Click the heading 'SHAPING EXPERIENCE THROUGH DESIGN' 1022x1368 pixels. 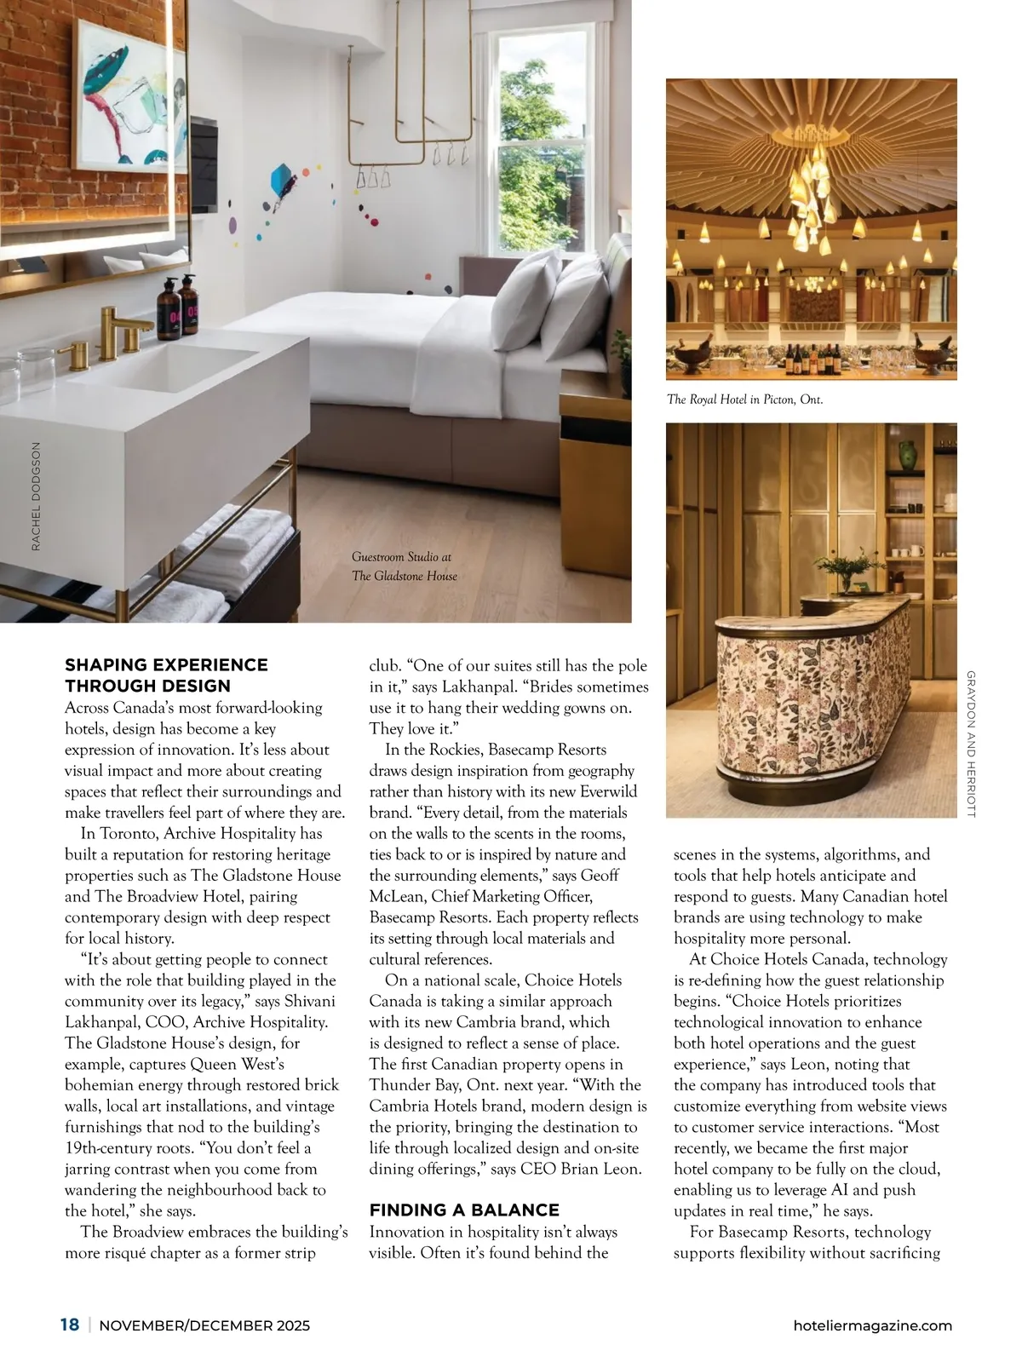point(166,675)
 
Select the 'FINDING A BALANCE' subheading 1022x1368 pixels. point(464,1210)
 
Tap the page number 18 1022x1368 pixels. point(70,1325)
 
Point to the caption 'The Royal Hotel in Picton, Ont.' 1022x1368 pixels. point(744,399)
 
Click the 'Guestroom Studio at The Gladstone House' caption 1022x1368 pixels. point(405,566)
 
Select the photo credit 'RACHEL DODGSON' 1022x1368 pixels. point(36,495)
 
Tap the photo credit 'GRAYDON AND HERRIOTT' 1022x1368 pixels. point(971,744)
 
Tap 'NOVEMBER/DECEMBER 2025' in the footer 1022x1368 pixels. point(205,1325)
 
